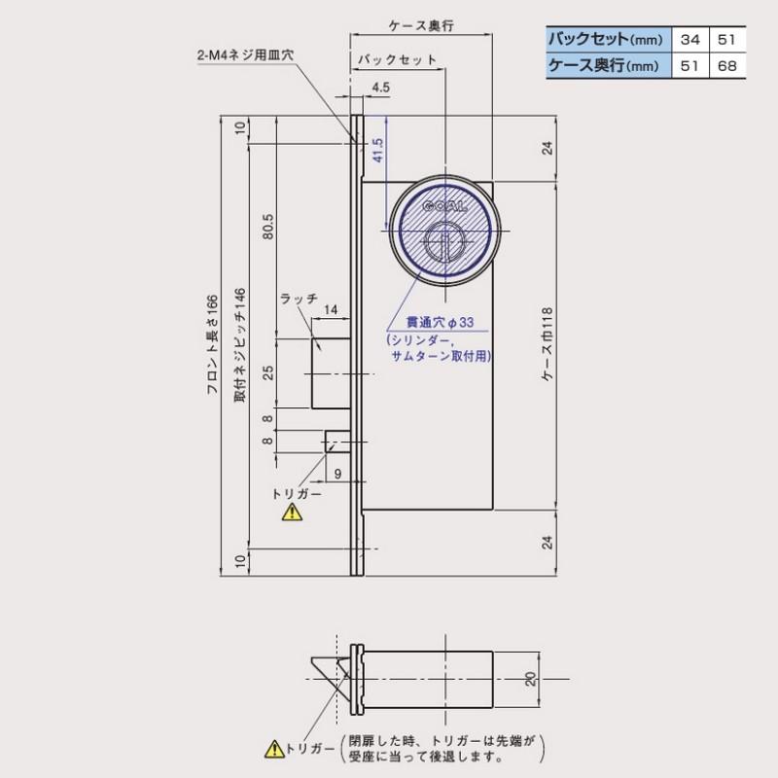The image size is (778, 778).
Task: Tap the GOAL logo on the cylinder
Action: [x=444, y=207]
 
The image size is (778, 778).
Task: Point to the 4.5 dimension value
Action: [x=380, y=88]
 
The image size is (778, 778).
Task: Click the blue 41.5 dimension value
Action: [x=377, y=151]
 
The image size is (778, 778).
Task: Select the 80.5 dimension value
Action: [x=267, y=226]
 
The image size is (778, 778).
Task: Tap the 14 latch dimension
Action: [x=330, y=310]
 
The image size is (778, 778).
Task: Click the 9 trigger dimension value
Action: [x=337, y=475]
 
